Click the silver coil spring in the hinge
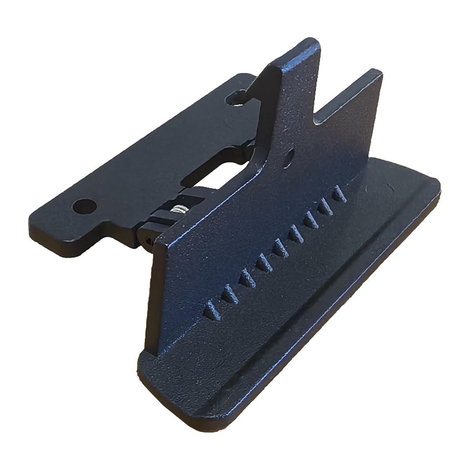(179, 210)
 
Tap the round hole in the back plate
(83, 205)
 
